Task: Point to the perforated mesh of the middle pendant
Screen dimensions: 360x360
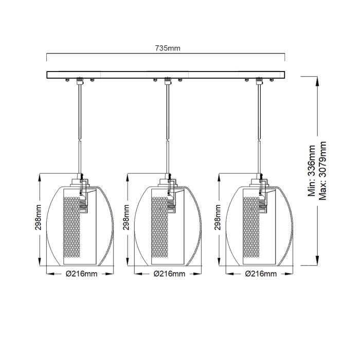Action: click(x=158, y=226)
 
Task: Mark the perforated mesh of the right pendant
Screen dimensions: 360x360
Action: click(x=250, y=226)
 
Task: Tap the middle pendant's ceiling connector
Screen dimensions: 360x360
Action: click(x=167, y=81)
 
